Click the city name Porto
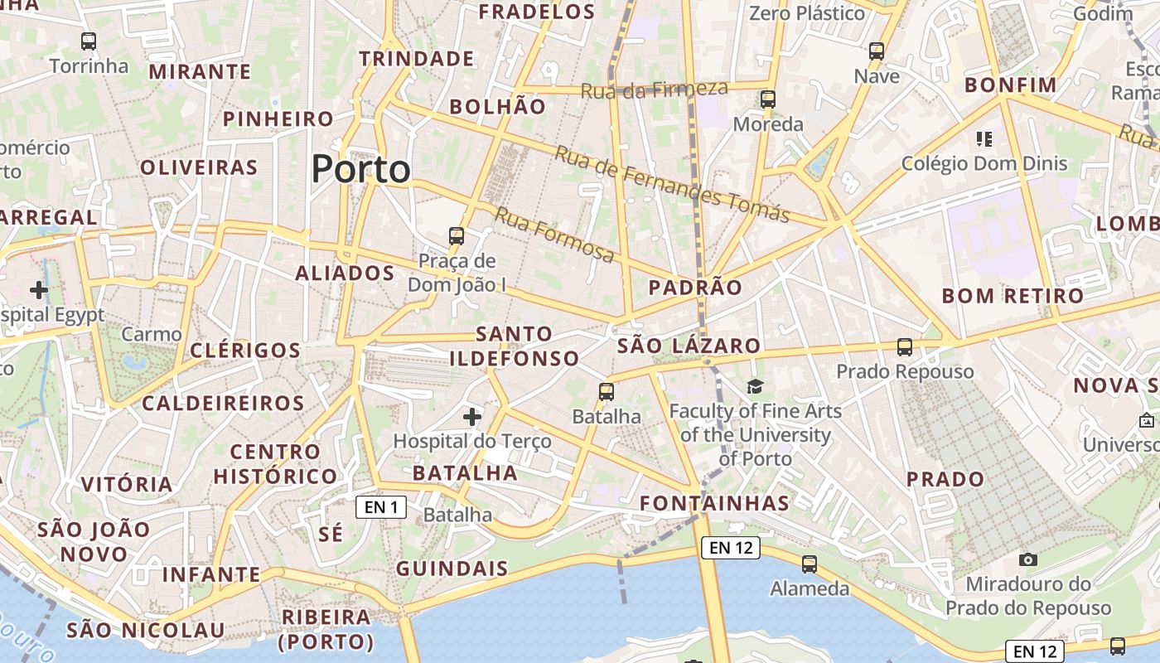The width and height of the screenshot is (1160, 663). point(360,169)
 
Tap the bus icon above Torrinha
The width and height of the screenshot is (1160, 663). point(89,41)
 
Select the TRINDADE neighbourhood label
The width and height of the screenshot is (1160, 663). point(416,59)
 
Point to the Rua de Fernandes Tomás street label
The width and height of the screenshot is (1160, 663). point(672,185)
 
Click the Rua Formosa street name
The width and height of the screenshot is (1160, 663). point(554,235)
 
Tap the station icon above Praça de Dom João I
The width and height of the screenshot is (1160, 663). point(457,236)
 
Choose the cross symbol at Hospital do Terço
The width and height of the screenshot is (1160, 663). point(472,416)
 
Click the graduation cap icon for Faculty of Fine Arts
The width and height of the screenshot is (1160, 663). point(755,386)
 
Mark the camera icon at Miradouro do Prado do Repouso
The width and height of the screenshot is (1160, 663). point(1028,559)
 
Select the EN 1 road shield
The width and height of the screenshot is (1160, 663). point(381,507)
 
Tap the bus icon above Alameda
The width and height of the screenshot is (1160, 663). point(810,564)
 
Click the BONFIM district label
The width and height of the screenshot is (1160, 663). point(1011,85)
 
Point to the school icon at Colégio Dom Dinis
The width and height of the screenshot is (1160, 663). point(984,138)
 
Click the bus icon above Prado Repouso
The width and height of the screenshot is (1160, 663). point(905,347)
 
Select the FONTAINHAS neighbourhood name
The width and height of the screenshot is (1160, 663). point(714,503)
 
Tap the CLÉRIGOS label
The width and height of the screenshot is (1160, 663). point(245,350)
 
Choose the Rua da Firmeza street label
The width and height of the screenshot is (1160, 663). point(654,90)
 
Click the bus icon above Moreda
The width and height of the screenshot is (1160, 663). point(768,99)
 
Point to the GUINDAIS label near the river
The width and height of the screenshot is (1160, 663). point(452,569)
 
